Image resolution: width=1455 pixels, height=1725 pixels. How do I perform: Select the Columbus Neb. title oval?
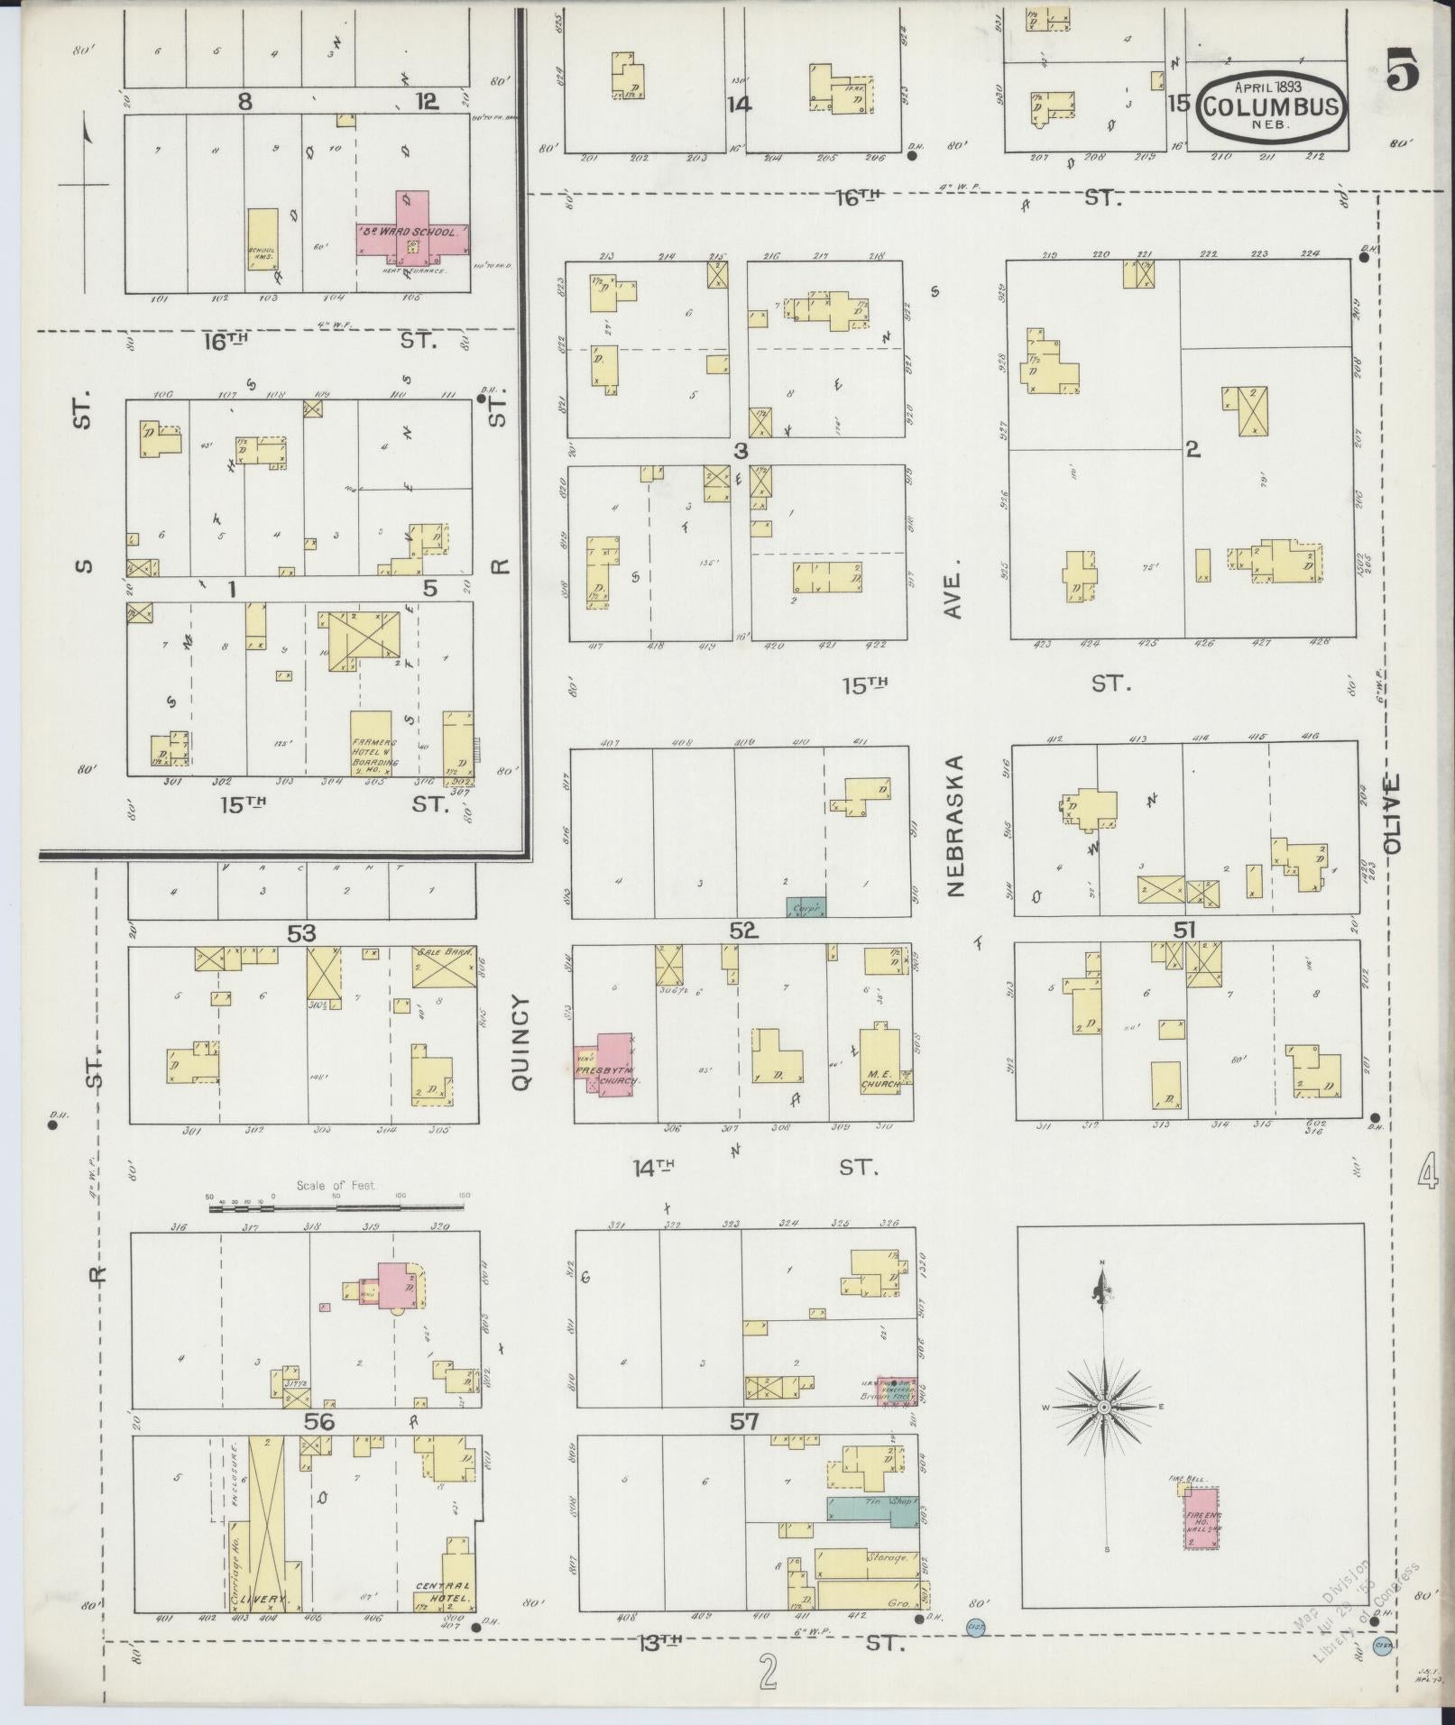coord(1272,107)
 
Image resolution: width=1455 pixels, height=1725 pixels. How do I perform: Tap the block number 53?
coord(301,932)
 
